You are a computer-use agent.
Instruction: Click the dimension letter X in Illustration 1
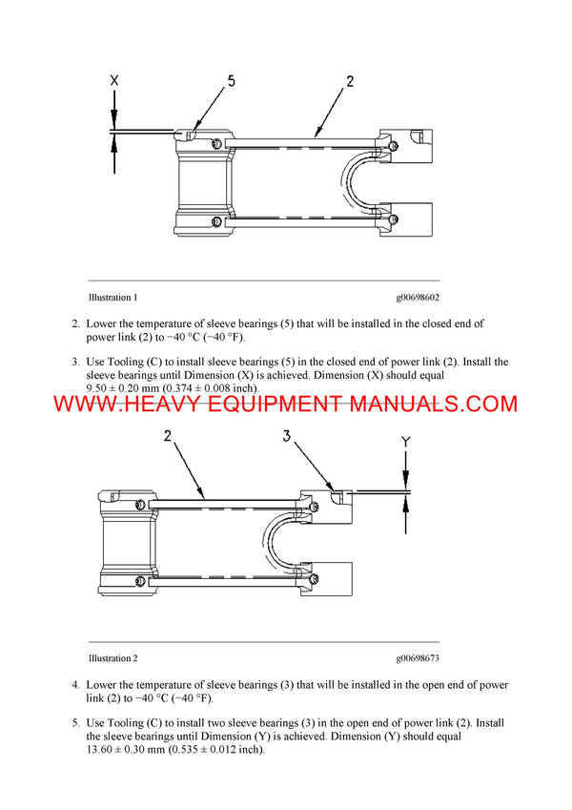pos(114,82)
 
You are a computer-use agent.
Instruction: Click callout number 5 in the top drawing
pos(231,82)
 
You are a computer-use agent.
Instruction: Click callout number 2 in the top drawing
pos(350,82)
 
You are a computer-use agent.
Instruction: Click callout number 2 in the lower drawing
pos(168,437)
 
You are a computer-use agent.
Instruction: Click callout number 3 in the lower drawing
pos(286,437)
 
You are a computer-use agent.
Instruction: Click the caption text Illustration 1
pos(112,298)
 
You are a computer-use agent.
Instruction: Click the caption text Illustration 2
pos(112,658)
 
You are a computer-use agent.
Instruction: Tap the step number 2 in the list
pos(76,324)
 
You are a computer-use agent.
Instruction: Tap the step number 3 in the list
pos(76,362)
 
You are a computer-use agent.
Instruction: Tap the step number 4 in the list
pos(76,685)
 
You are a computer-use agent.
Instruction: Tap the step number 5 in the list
pos(76,723)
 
